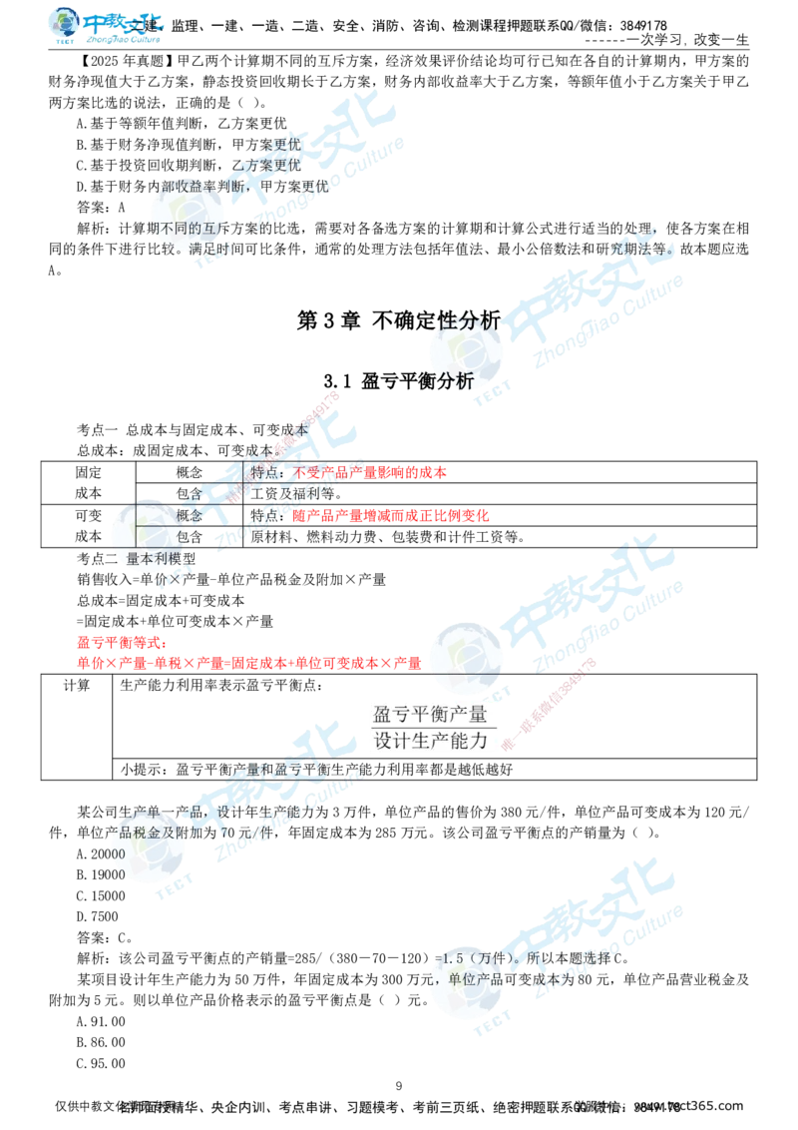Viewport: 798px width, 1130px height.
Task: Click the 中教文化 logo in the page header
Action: point(107,27)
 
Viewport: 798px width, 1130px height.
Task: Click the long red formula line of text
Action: point(249,662)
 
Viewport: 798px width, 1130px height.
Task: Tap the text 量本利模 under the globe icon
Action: point(150,558)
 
